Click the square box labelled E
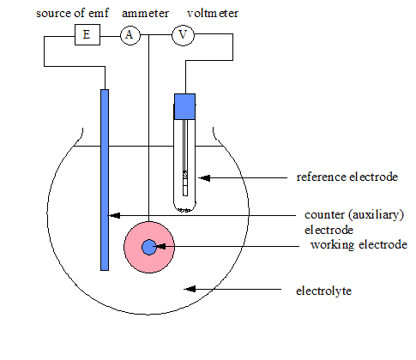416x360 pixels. point(87,34)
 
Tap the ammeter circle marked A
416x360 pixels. point(130,35)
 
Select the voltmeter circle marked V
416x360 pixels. point(183,35)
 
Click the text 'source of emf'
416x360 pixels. point(73,13)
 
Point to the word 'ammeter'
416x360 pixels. point(145,14)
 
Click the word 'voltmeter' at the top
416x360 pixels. point(213,13)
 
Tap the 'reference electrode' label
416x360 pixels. point(347,177)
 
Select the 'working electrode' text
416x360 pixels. point(359,245)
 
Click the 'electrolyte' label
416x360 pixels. point(324,291)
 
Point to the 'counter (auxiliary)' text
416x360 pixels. point(354,215)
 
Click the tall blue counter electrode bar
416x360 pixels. point(105,180)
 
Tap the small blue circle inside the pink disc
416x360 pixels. point(149,247)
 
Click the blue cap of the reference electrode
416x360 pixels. point(185,106)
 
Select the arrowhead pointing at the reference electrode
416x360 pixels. point(204,178)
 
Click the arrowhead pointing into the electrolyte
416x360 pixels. point(190,289)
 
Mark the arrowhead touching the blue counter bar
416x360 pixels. point(114,215)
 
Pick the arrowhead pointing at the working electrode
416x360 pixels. point(160,246)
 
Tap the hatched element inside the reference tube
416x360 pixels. point(185,175)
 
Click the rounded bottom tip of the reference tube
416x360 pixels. point(185,211)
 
